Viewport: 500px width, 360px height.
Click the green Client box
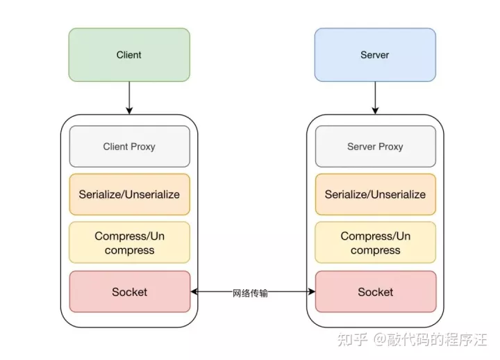tap(129, 55)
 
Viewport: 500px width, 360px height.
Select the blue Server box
tap(375, 55)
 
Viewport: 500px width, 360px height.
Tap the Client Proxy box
tap(129, 147)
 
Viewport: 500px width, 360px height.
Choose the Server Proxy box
tap(375, 147)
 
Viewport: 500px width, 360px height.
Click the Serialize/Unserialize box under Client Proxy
tap(129, 195)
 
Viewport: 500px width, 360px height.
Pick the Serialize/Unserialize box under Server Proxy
tap(375, 195)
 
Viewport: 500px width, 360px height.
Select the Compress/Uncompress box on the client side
tap(129, 243)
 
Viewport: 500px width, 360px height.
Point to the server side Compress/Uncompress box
tap(375, 243)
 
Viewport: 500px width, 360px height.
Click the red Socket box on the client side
tap(129, 292)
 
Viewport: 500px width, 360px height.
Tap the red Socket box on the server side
tap(375, 292)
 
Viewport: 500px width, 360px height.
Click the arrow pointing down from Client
tap(129, 98)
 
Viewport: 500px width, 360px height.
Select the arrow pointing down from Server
tap(375, 98)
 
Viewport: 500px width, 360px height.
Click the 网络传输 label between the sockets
tap(250, 293)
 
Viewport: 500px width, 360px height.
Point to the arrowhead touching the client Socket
tap(194, 291)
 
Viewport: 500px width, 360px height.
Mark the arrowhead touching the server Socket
tap(312, 291)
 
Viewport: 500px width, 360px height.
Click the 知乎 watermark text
tap(352, 339)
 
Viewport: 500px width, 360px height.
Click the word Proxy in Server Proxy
tap(390, 147)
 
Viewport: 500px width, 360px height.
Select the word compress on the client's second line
tap(129, 250)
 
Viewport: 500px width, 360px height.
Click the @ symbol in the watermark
tap(379, 339)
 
